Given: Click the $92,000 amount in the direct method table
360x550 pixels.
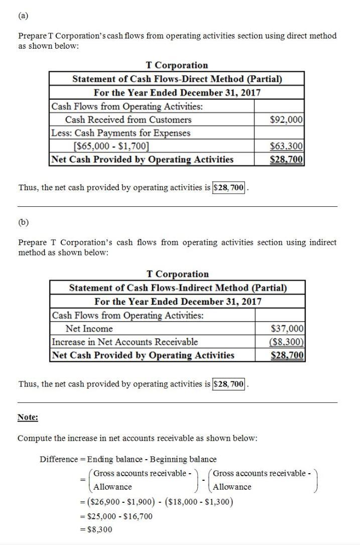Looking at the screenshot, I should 286,120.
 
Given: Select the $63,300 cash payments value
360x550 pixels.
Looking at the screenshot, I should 286,147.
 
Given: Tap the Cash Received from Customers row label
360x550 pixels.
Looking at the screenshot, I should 128,120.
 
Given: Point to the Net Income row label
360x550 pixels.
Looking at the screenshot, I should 89,329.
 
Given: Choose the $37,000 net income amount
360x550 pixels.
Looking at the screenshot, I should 287,329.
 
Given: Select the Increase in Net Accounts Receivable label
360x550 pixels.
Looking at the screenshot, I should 125,342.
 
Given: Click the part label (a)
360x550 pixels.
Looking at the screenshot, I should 23,16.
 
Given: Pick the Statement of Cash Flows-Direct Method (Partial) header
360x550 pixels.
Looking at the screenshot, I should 177,79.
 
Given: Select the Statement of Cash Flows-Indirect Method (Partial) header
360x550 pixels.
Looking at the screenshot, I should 178,288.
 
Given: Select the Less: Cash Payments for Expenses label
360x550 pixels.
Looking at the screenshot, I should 121,133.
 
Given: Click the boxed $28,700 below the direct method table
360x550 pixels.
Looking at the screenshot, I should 229,188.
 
